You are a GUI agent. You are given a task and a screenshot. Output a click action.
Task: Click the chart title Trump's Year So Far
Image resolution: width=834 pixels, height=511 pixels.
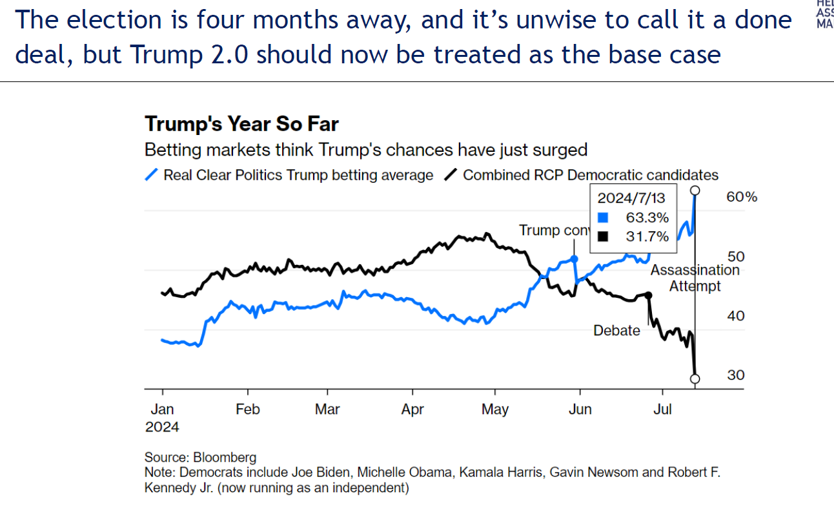pyautogui.click(x=241, y=124)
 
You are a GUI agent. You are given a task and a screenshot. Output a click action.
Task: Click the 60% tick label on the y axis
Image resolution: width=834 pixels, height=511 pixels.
pyautogui.click(x=742, y=197)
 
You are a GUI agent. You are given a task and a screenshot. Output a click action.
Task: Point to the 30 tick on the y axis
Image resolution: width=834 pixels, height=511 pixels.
pyautogui.click(x=735, y=375)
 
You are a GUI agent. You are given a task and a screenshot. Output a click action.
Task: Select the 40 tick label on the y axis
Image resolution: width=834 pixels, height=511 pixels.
pyautogui.click(x=735, y=316)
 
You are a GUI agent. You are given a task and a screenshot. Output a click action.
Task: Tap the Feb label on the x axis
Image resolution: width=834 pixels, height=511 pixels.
pyautogui.click(x=247, y=410)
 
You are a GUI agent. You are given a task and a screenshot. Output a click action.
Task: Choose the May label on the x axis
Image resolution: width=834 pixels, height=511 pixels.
pyautogui.click(x=495, y=410)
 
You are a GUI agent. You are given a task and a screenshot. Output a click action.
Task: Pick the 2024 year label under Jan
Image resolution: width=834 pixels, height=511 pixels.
pyautogui.click(x=161, y=427)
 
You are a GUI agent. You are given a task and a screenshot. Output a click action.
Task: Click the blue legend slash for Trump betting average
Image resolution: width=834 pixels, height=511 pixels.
pyautogui.click(x=152, y=175)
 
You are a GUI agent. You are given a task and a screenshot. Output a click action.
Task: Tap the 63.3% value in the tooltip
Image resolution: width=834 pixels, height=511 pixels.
pyautogui.click(x=647, y=218)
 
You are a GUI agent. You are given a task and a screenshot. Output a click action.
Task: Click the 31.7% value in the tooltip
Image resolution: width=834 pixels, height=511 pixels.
pyautogui.click(x=647, y=236)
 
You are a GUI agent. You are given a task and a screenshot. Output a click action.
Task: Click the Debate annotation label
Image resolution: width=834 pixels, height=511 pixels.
pyautogui.click(x=616, y=331)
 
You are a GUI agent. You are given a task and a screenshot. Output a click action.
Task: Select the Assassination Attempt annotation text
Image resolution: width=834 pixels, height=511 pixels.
pyautogui.click(x=695, y=278)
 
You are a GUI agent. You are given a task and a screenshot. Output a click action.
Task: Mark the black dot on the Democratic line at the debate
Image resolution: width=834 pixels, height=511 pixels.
pyautogui.click(x=648, y=295)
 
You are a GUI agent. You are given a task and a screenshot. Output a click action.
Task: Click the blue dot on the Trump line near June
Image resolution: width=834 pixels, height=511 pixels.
pyautogui.click(x=575, y=258)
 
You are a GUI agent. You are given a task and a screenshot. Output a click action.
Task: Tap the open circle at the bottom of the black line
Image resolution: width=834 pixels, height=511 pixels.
pyautogui.click(x=695, y=379)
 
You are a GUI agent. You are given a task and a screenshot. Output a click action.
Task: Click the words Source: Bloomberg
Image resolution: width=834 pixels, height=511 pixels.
pyautogui.click(x=200, y=458)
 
